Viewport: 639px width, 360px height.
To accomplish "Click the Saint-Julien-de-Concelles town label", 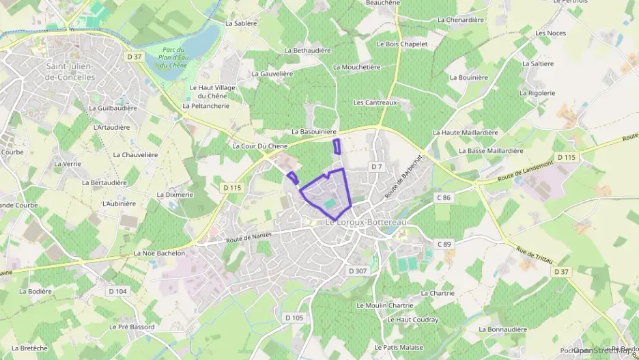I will (x=70, y=72).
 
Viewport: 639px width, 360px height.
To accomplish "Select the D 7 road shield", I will (x=376, y=167).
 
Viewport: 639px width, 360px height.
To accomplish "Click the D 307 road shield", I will (x=358, y=271).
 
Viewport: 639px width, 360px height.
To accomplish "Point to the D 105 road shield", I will (x=294, y=318).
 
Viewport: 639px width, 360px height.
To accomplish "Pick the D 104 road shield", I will (x=117, y=291).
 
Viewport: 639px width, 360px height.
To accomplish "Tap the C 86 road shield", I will (x=444, y=197).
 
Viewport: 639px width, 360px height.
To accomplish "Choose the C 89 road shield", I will (x=444, y=244).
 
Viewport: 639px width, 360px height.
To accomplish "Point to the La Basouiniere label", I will (x=315, y=131).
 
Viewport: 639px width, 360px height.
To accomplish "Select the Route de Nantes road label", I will (x=248, y=237).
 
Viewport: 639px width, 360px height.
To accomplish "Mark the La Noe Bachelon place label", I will (x=160, y=253).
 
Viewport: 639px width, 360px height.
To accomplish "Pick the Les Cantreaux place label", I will (x=375, y=102).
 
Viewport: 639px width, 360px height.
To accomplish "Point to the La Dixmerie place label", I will (x=175, y=195).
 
